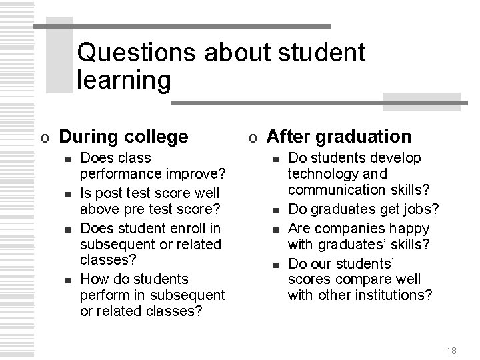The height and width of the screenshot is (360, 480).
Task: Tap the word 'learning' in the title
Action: pos(124,81)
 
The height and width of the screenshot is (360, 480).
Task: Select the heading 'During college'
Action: pos(124,137)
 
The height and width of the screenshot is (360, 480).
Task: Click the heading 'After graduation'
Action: pos(339,137)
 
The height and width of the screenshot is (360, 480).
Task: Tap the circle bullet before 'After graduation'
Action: pos(253,138)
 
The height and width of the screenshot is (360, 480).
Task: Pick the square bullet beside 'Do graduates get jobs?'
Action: pos(275,211)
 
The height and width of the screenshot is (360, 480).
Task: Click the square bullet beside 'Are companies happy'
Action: pos(275,228)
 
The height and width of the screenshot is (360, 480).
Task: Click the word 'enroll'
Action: pos(187,227)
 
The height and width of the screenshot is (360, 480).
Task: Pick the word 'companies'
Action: pos(343,227)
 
